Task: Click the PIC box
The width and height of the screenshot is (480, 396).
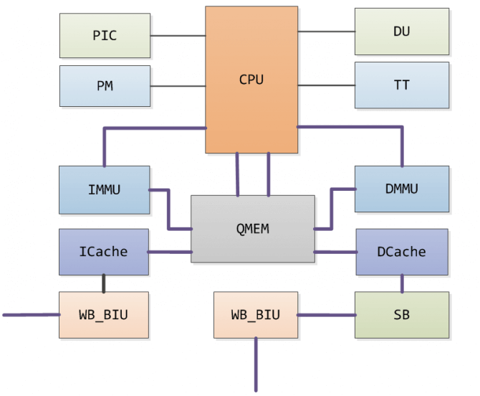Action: (105, 35)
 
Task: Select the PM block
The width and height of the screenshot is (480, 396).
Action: (105, 86)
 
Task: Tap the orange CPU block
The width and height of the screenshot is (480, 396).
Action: (251, 80)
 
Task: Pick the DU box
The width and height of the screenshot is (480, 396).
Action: (402, 32)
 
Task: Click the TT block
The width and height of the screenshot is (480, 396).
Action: (402, 85)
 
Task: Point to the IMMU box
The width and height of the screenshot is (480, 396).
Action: (105, 190)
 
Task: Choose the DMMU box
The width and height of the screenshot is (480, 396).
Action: (402, 189)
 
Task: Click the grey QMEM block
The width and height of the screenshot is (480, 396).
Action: (252, 229)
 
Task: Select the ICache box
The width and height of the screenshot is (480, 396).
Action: (104, 252)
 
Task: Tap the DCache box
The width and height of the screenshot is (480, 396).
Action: (401, 252)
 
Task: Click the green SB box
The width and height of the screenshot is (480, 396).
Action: (401, 315)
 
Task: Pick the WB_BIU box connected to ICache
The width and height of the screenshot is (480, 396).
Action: (104, 315)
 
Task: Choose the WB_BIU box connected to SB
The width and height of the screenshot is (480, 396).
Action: (256, 315)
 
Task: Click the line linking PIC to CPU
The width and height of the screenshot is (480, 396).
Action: (178, 35)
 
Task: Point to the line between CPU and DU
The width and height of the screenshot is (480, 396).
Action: (326, 32)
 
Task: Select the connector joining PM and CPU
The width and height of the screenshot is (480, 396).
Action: (178, 86)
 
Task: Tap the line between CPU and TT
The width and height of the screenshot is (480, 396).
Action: (326, 85)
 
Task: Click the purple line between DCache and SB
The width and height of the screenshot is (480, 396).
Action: (401, 283)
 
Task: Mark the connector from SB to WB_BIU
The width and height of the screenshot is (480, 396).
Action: (326, 315)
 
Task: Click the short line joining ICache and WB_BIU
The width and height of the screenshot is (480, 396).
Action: (104, 283)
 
